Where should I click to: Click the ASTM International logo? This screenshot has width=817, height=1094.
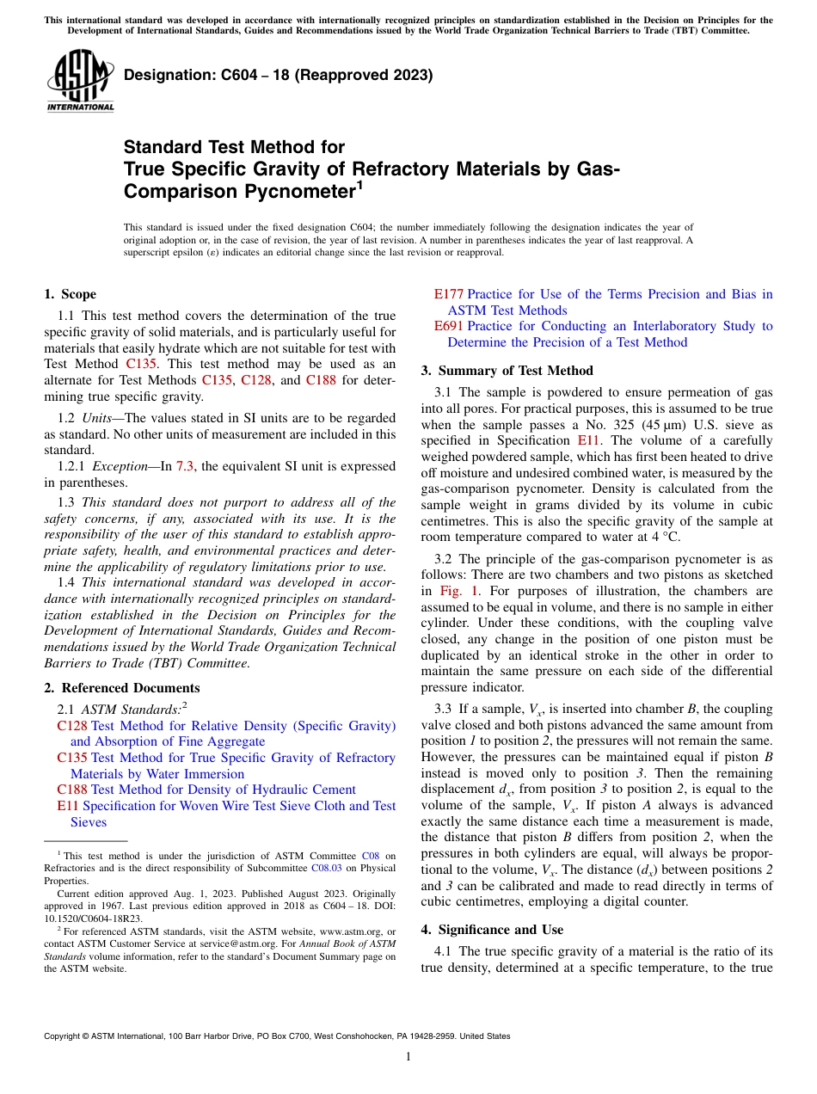pyautogui.click(x=80, y=82)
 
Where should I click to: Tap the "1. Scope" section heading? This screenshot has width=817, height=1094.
pyautogui.click(x=70, y=294)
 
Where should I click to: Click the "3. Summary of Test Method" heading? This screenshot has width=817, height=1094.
pyautogui.click(x=507, y=371)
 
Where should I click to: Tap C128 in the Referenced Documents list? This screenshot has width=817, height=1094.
pyautogui.click(x=71, y=726)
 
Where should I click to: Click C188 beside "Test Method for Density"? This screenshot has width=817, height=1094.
pyautogui.click(x=71, y=790)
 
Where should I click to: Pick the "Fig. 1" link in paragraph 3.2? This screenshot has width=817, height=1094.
pyautogui.click(x=456, y=591)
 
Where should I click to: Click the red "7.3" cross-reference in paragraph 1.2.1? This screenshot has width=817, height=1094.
pyautogui.click(x=185, y=466)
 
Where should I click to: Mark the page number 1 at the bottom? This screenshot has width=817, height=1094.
pyautogui.click(x=408, y=1056)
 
